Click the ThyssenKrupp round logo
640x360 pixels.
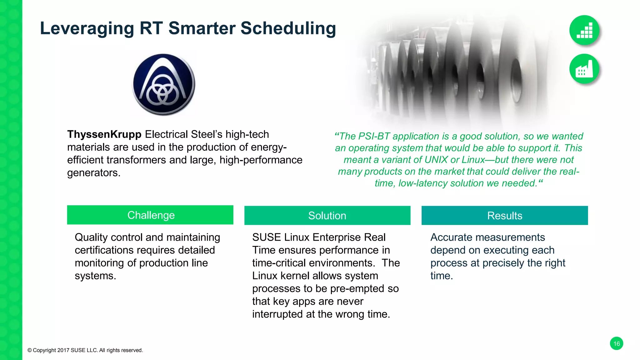163,84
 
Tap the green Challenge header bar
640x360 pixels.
150,215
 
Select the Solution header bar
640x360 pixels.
327,216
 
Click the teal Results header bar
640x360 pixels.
504,216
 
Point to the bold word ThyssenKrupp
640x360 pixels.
104,134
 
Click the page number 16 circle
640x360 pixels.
616,343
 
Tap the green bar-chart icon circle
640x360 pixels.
584,30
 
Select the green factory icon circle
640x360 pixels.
584,69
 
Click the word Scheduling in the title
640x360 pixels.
288,29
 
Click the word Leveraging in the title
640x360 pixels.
87,29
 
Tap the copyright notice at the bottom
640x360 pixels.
85,350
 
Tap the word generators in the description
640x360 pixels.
93,173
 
